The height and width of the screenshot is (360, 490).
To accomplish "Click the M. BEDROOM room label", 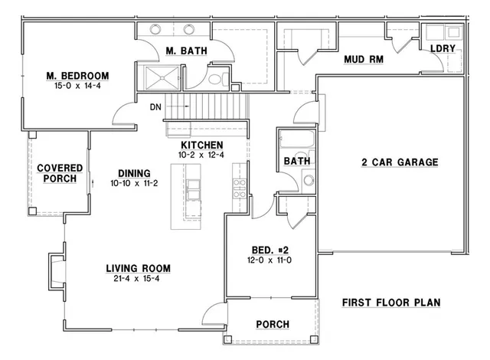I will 77,75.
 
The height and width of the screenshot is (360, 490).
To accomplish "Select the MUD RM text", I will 364,59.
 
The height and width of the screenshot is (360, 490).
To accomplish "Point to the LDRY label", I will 443,48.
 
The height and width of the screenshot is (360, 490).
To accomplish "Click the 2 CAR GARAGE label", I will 399,162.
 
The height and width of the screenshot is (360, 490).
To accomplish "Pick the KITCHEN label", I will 201,145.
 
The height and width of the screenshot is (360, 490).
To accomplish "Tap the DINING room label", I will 134,173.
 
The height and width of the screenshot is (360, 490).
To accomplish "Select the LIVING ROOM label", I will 138,268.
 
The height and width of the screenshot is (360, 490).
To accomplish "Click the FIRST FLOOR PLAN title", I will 391,303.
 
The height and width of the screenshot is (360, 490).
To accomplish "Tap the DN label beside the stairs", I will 155,106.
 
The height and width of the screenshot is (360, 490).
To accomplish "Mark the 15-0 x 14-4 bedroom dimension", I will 77,86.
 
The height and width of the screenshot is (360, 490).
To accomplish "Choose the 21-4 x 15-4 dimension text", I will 138,279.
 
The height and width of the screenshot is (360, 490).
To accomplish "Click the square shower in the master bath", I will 162,77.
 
